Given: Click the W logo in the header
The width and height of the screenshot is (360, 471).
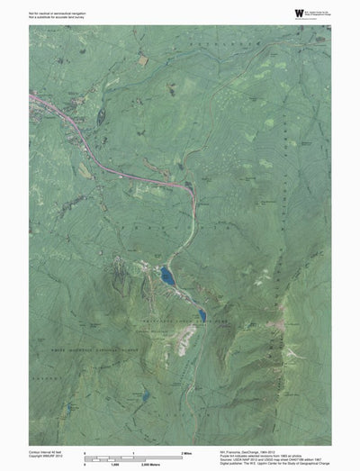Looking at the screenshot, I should tap(274, 12).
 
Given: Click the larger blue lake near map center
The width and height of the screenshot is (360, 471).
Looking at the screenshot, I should tap(167, 276).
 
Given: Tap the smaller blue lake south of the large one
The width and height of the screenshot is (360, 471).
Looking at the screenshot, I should tap(202, 314).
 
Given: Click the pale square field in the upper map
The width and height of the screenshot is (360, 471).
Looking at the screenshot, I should tap(143, 60).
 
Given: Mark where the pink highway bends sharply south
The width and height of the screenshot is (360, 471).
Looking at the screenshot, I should tap(191, 188).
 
